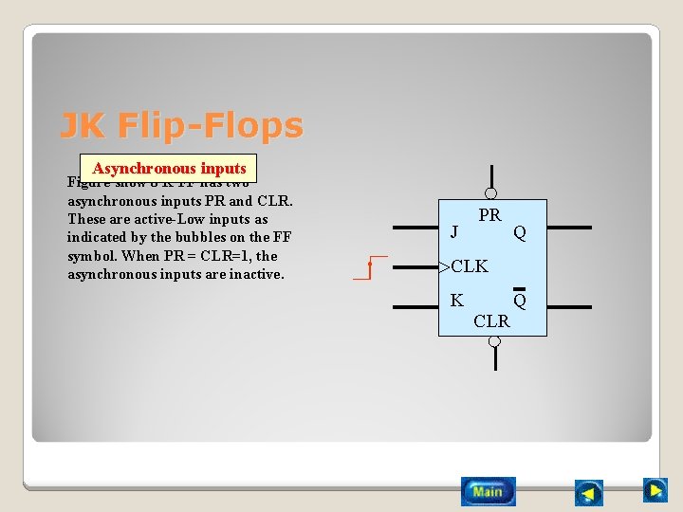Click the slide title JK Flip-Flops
point(181,125)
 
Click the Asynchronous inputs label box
point(169,168)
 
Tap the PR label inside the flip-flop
point(489,215)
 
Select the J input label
point(455,230)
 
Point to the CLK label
point(470,266)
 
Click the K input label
point(456,301)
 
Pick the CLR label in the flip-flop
point(491,320)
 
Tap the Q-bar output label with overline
point(520,300)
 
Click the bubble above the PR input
point(491,193)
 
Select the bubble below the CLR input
point(493,342)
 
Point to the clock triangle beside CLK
point(444,267)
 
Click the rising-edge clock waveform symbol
point(371,267)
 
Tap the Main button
point(489,491)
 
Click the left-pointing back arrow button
point(589,493)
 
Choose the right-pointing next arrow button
point(655,490)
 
